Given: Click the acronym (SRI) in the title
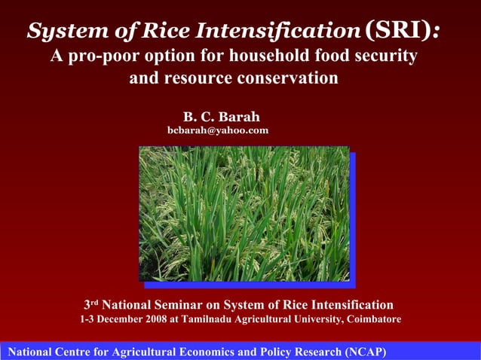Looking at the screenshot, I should [401, 30].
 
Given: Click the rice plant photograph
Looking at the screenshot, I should [244, 213].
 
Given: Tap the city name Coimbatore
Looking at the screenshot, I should [373, 319].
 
